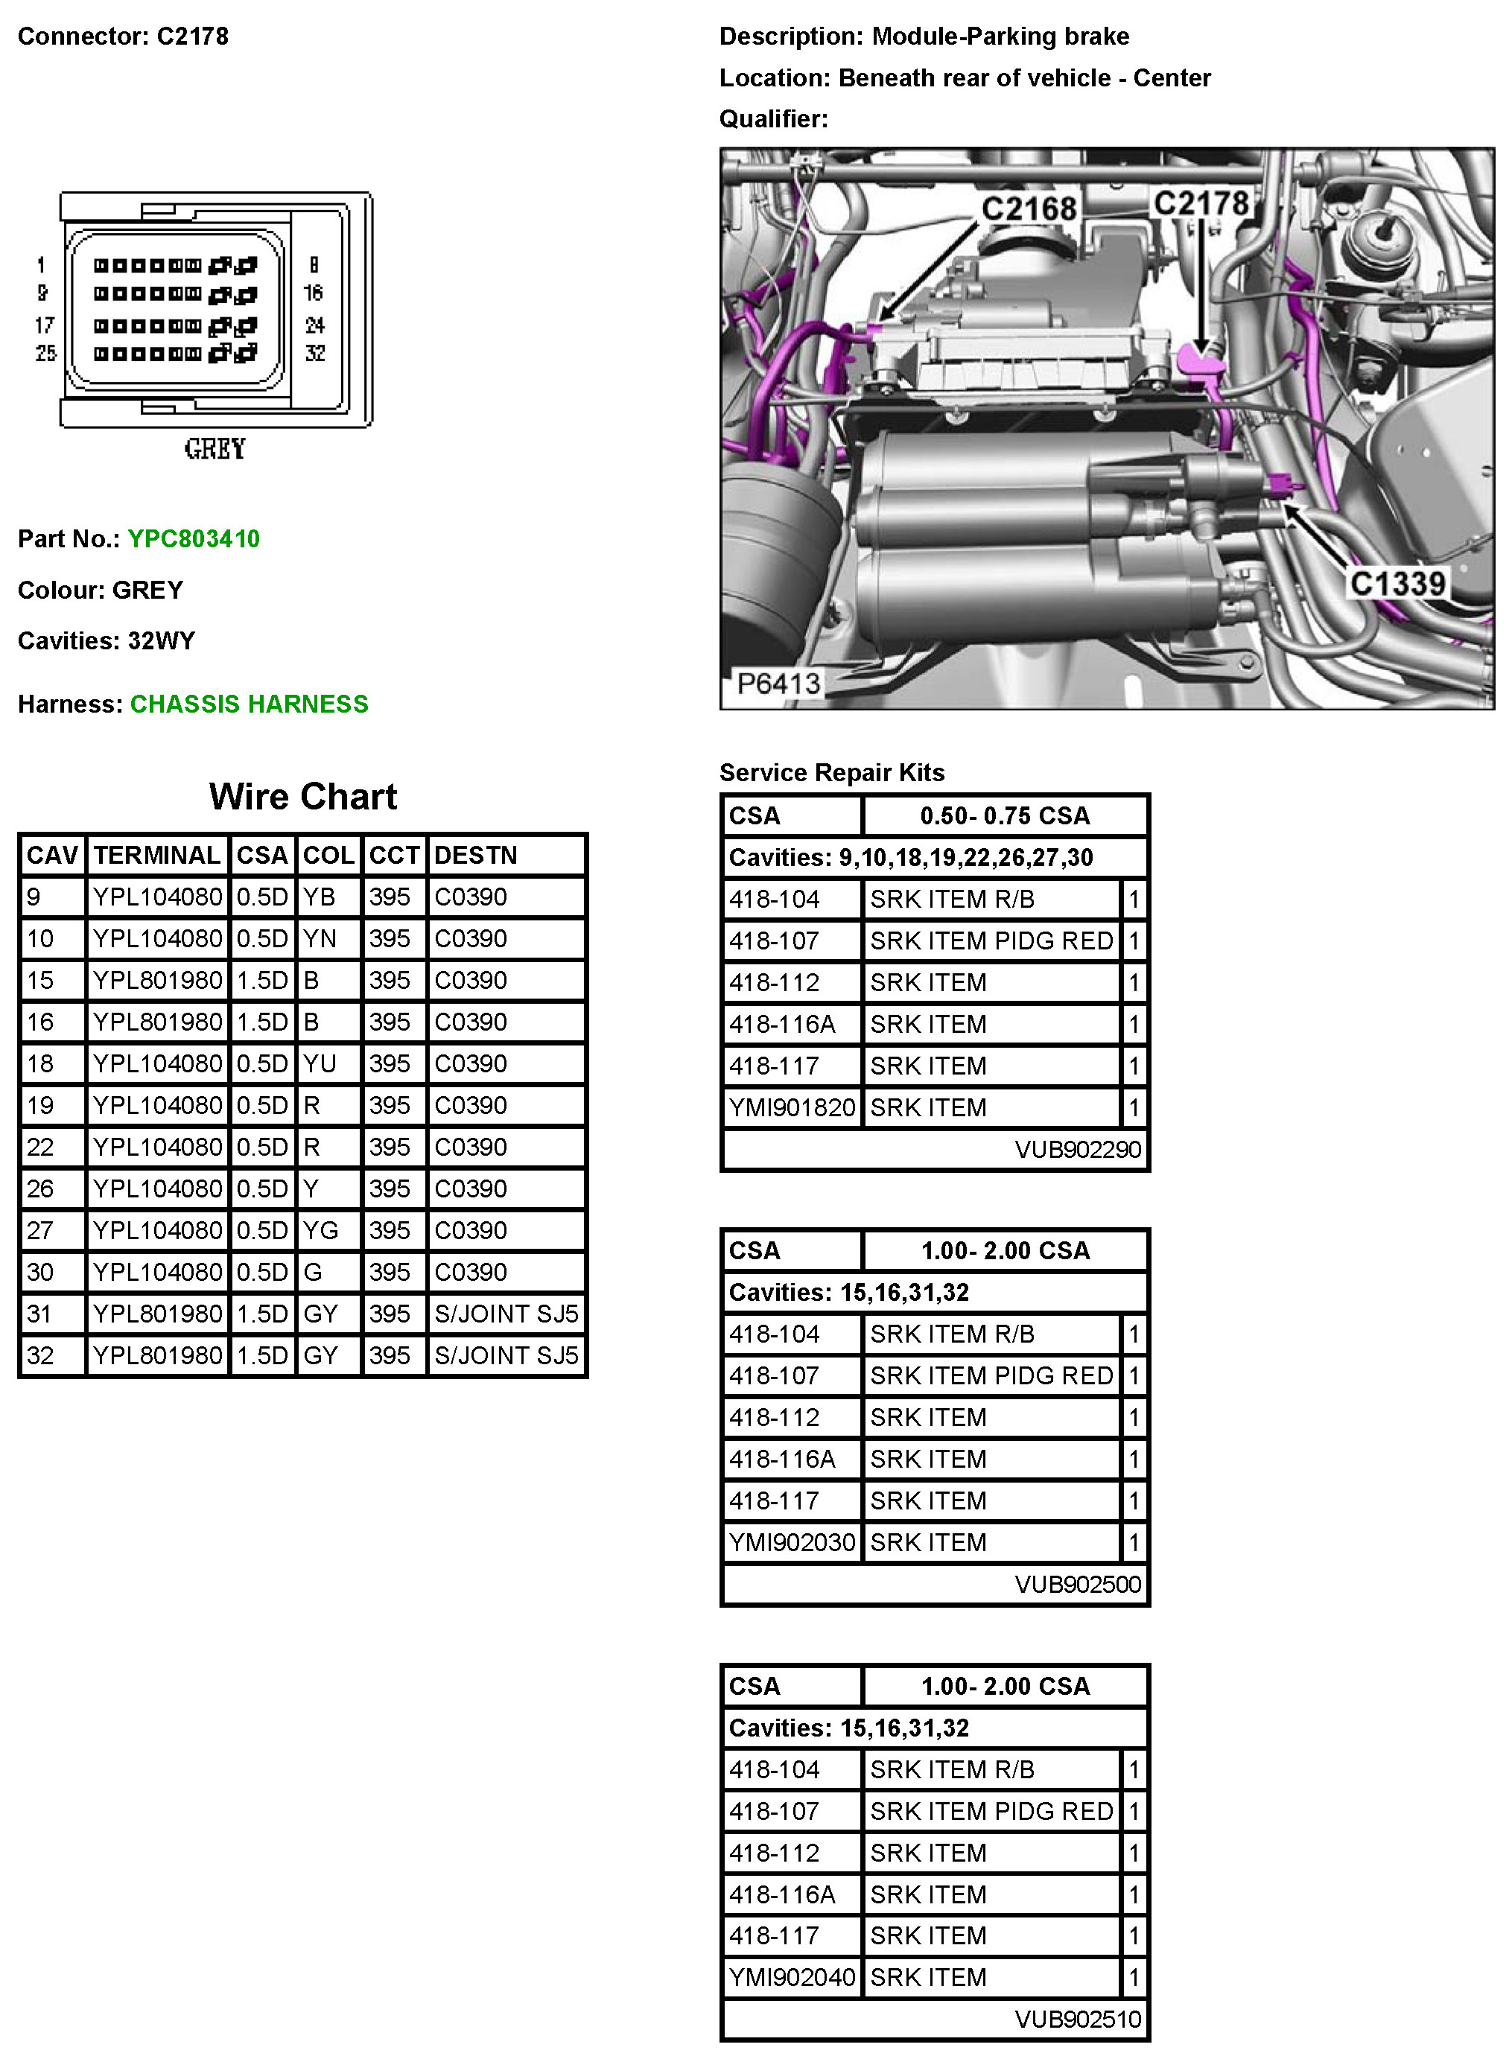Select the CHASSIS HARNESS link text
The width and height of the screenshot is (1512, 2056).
[249, 704]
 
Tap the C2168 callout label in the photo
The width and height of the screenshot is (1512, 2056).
[1029, 209]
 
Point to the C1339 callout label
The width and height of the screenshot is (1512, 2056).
[1397, 584]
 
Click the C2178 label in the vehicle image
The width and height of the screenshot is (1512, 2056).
[1201, 203]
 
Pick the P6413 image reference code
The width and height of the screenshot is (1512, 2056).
[779, 683]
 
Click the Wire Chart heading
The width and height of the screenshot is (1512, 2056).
[303, 797]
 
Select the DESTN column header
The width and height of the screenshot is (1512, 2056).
[476, 856]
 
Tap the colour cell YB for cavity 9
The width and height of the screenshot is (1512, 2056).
[320, 897]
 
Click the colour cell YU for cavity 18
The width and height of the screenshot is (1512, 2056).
[320, 1063]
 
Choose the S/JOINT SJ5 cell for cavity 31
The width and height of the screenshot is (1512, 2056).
[506, 1314]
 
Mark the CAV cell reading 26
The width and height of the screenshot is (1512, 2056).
[40, 1188]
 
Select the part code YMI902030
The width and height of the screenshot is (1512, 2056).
[792, 1543]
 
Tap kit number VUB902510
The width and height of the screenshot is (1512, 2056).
[1077, 2020]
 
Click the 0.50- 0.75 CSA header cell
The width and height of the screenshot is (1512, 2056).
[1005, 815]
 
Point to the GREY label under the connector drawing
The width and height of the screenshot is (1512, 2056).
[215, 449]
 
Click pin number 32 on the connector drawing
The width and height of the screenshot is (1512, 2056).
[315, 353]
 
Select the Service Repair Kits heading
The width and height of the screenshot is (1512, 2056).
[831, 772]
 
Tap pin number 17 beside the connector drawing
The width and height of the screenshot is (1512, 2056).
[44, 325]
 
